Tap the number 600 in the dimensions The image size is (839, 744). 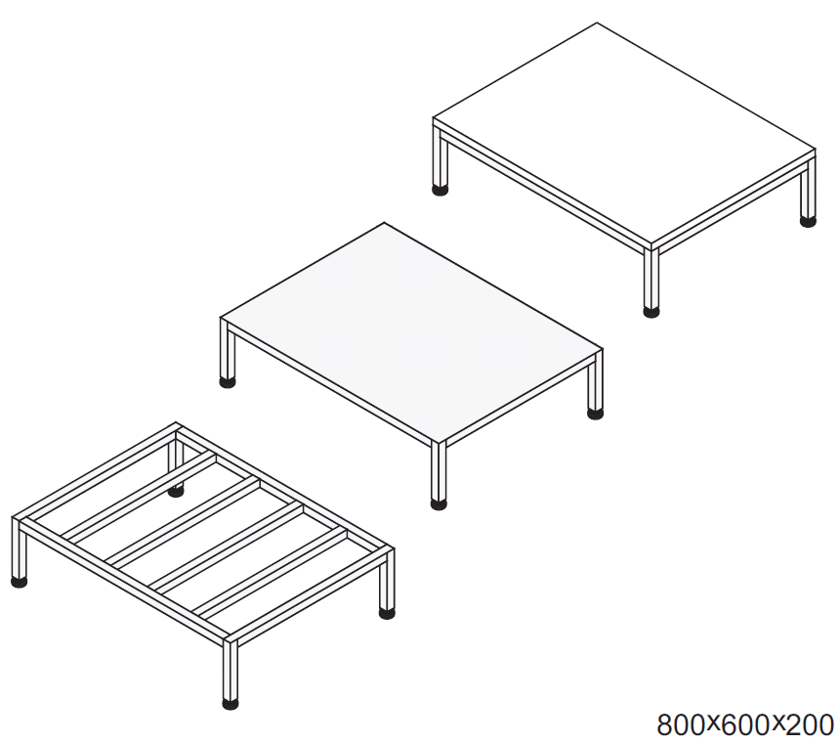click(x=746, y=725)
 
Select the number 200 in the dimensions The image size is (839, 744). click(x=810, y=725)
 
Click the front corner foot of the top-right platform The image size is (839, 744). click(x=651, y=312)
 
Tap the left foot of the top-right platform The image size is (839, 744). click(x=440, y=190)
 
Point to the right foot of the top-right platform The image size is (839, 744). click(x=808, y=221)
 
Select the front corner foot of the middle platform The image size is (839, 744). click(x=439, y=504)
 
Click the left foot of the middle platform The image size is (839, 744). click(x=228, y=382)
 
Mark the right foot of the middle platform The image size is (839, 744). click(x=595, y=413)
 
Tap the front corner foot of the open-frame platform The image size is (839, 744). click(x=231, y=704)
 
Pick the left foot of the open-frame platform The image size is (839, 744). click(x=20, y=582)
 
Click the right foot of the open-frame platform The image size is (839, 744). click(x=387, y=613)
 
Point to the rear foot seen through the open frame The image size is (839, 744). click(x=176, y=491)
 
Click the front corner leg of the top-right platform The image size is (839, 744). click(x=651, y=278)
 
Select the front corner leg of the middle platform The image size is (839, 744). click(x=439, y=469)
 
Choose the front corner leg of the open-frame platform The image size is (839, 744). click(x=231, y=670)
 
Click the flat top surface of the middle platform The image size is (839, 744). click(x=411, y=333)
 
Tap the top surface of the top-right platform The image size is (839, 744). click(x=624, y=134)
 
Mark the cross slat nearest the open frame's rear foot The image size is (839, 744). click(x=139, y=496)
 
